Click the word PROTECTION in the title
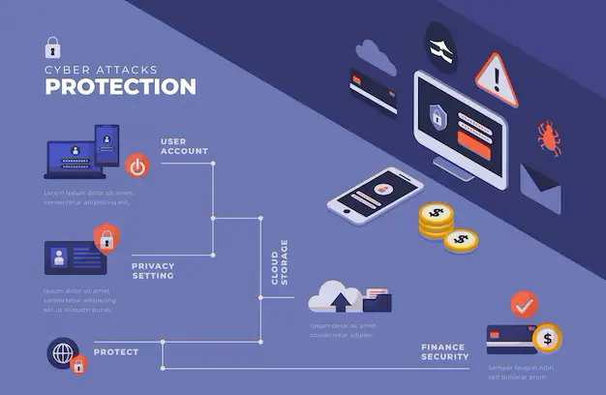click(x=121, y=86)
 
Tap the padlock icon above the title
click(x=52, y=46)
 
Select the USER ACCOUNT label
click(x=184, y=146)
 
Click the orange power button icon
click(x=137, y=166)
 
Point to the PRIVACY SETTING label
click(x=153, y=270)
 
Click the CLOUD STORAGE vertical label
click(x=278, y=261)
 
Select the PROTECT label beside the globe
click(x=116, y=351)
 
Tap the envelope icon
click(x=540, y=188)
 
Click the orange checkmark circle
click(x=524, y=305)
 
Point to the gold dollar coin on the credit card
click(x=547, y=338)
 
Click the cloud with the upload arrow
click(x=335, y=296)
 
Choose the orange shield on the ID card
click(x=105, y=236)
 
